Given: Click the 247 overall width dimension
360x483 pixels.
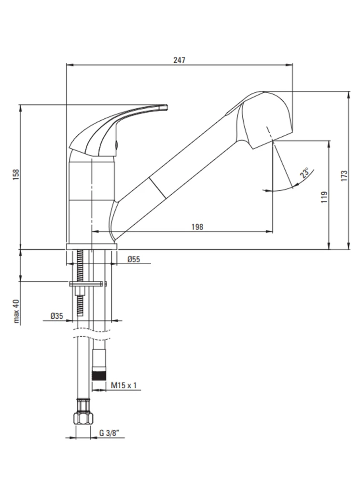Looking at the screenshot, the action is click(180, 60).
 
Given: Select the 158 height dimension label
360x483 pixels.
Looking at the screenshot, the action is click(16, 175).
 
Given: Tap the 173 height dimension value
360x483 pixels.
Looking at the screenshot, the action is click(344, 176).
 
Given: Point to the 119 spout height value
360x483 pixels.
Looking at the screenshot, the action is click(324, 197).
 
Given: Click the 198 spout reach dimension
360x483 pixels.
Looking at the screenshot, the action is click(197, 227).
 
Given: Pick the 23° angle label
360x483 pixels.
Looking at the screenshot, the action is click(305, 173).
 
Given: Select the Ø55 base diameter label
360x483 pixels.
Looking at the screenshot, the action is click(134, 259).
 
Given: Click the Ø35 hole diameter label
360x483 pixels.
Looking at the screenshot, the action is click(56, 316).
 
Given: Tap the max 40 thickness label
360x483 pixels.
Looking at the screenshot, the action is click(16, 311).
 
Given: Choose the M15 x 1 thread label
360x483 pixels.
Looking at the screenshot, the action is click(124, 385).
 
